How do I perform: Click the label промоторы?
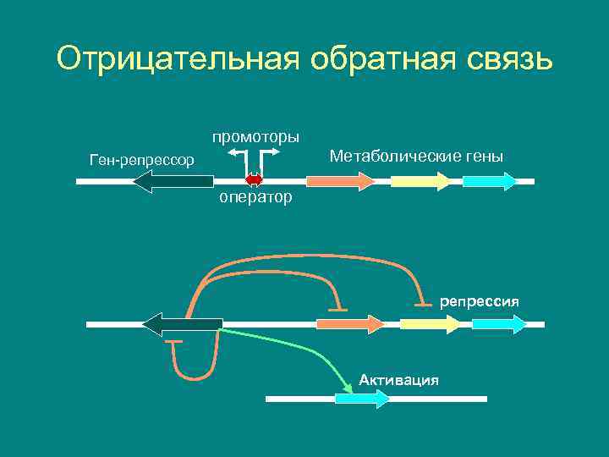[255, 136]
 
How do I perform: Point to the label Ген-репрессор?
[141, 160]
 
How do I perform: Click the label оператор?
[255, 198]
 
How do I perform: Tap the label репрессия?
[480, 301]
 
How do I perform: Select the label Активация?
[398, 379]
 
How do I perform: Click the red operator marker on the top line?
[254, 180]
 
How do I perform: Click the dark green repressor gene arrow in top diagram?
[173, 181]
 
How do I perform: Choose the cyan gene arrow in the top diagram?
[489, 181]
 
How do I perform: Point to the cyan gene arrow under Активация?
[363, 399]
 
